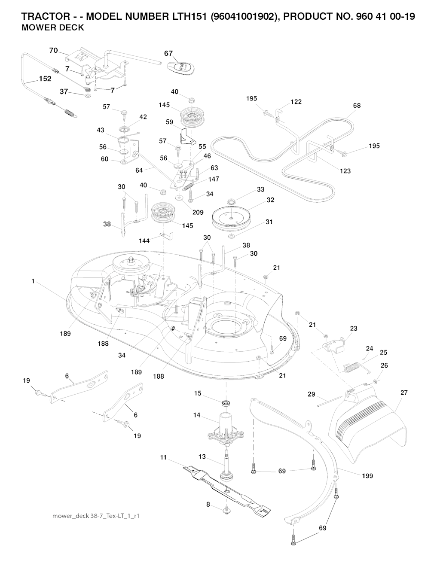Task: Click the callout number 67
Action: point(168,54)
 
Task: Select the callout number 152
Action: point(45,79)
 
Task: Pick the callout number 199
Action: point(367,475)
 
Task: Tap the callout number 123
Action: point(345,171)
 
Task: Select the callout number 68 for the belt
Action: point(357,106)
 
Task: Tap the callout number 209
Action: point(198,212)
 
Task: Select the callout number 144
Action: point(144,241)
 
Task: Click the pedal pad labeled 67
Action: point(181,67)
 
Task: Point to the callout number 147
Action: point(214,179)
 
